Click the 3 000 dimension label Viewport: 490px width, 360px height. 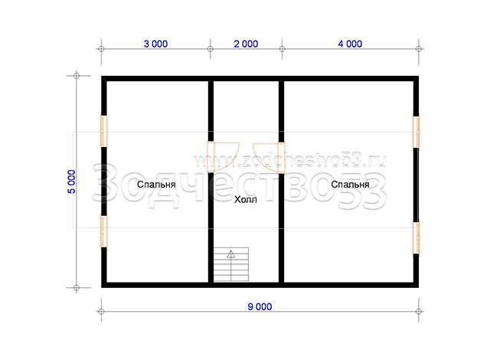(155, 44)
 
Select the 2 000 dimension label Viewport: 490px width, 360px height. (246, 44)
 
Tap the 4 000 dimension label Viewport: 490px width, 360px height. (350, 44)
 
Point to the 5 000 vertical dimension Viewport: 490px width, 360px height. (71, 182)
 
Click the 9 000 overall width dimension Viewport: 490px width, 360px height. (260, 307)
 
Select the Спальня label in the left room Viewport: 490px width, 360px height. (156, 185)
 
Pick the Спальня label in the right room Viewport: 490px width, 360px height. (351, 185)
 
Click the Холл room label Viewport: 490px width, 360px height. (246, 199)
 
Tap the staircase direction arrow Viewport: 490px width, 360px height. (231, 265)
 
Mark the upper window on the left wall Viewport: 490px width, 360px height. (104, 131)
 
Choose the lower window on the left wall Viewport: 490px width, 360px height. (104, 231)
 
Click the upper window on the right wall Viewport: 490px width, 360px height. (416, 132)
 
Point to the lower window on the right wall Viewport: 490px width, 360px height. (416, 237)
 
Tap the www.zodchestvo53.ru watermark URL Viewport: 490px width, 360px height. (289, 162)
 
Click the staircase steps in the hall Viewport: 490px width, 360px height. (231, 264)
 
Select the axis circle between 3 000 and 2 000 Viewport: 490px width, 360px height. (211, 49)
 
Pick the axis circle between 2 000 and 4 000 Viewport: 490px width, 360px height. (282, 49)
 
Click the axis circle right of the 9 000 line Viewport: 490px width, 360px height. (419, 312)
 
